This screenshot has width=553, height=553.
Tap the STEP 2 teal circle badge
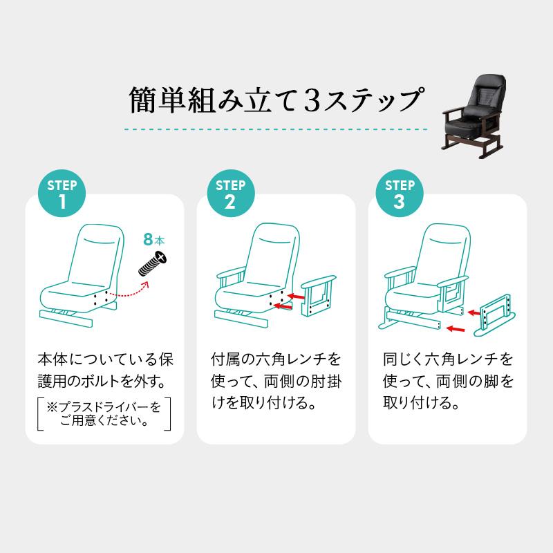(x=230, y=194)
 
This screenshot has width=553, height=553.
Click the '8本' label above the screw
(x=154, y=241)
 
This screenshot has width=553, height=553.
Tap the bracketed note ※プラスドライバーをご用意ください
(x=104, y=413)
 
